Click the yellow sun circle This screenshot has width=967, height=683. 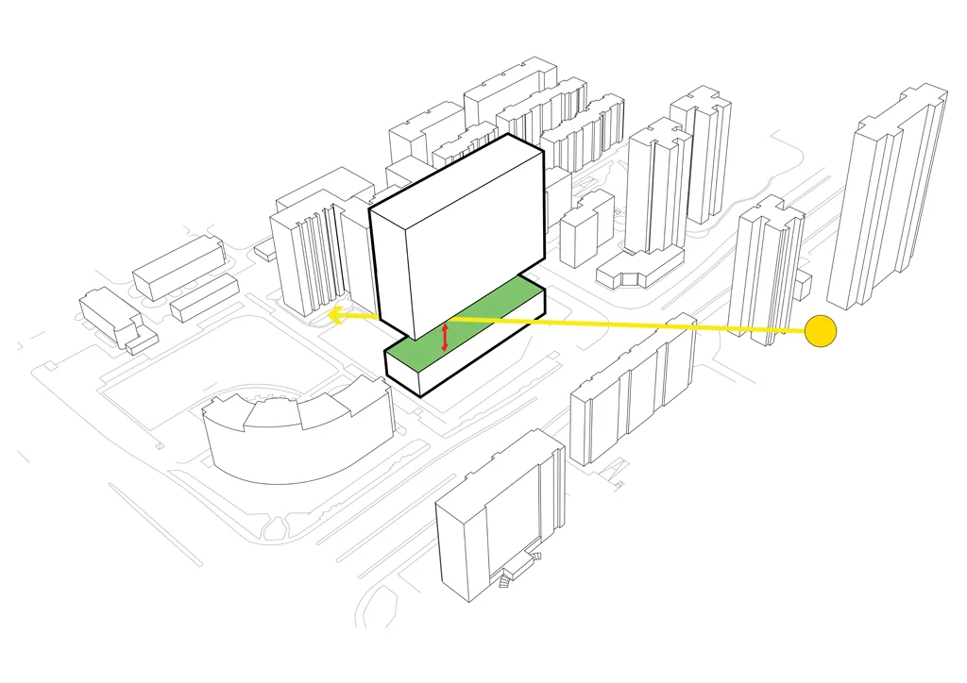821,330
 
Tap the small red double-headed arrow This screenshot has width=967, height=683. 445,337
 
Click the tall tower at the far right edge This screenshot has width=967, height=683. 888,198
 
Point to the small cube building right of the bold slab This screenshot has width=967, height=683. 584,231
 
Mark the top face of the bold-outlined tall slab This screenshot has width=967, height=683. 453,175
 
